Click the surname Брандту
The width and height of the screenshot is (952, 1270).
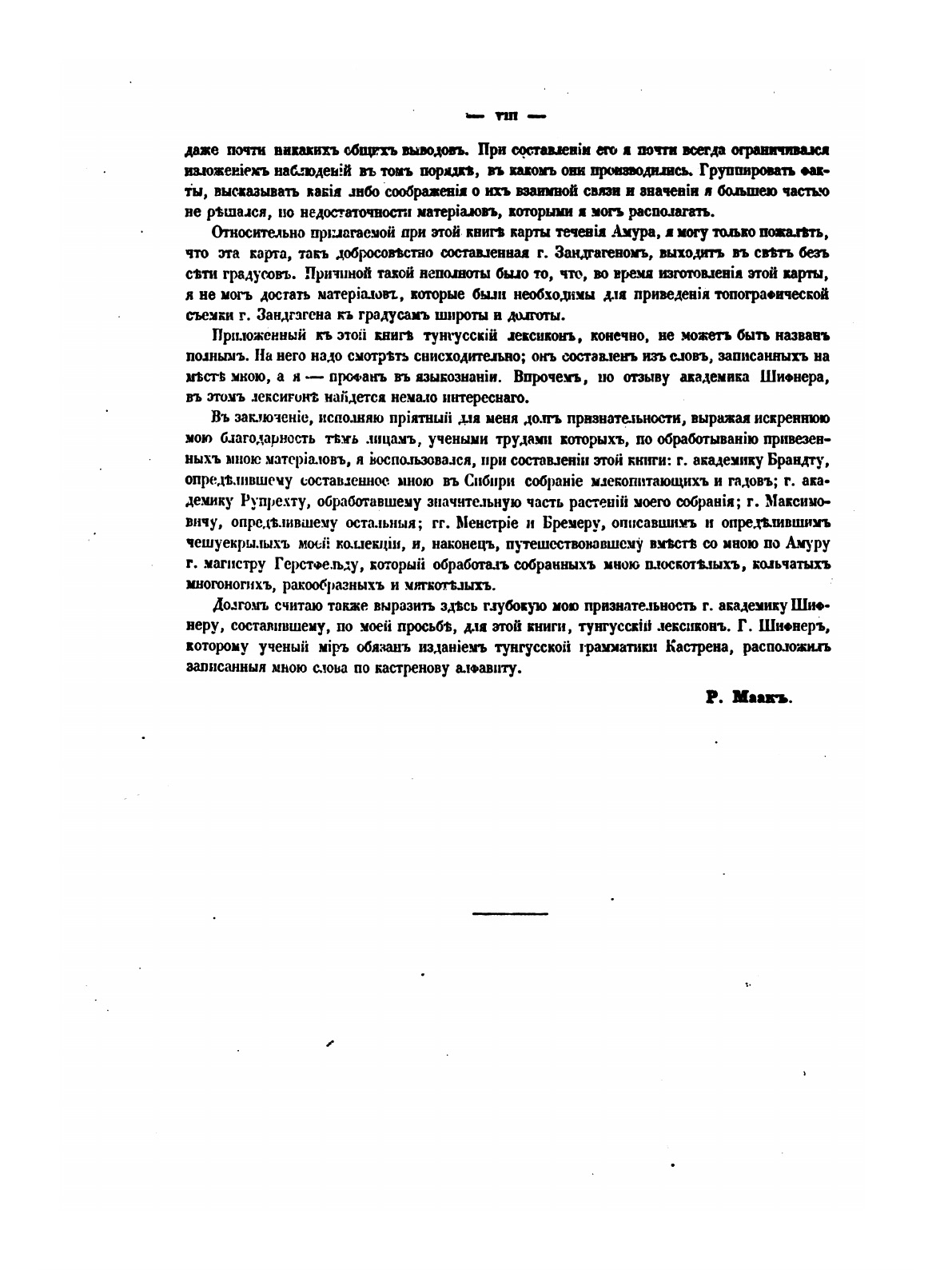click(x=799, y=461)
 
